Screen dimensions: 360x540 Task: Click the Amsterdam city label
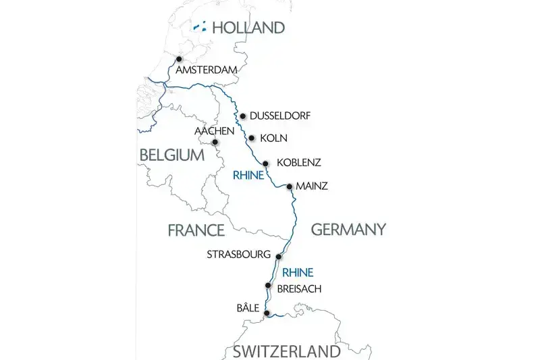click(207, 70)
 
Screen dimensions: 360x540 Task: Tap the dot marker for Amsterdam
click(179, 59)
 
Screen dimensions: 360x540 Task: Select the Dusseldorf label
click(280, 116)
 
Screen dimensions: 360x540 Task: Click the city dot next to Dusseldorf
click(242, 115)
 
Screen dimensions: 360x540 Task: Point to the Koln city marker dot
click(251, 138)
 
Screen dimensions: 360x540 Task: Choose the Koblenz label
click(299, 163)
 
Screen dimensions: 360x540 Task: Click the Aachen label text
click(214, 130)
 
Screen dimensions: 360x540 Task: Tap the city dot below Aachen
click(215, 142)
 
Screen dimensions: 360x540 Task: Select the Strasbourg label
click(239, 255)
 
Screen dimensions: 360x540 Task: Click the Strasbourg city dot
click(278, 255)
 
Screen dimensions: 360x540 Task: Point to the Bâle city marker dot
click(267, 313)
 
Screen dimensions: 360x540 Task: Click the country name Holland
click(248, 28)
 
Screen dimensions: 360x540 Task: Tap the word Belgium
click(171, 155)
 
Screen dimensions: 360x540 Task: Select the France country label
click(196, 230)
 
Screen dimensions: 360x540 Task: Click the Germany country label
click(348, 230)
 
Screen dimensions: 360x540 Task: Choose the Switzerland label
click(287, 351)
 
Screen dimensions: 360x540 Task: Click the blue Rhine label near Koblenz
click(248, 175)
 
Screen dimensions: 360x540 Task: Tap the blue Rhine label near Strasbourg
click(298, 273)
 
